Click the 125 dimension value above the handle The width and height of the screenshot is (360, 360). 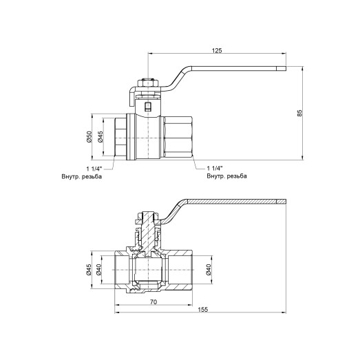click(215, 50)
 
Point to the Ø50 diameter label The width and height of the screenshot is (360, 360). click(89, 138)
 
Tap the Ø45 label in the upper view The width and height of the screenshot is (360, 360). click(100, 138)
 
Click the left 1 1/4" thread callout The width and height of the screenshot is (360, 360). click(95, 169)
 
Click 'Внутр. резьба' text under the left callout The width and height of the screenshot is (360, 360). click(83, 178)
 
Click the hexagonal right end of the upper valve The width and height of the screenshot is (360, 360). click(180, 138)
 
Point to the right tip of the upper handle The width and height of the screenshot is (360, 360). click(282, 68)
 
